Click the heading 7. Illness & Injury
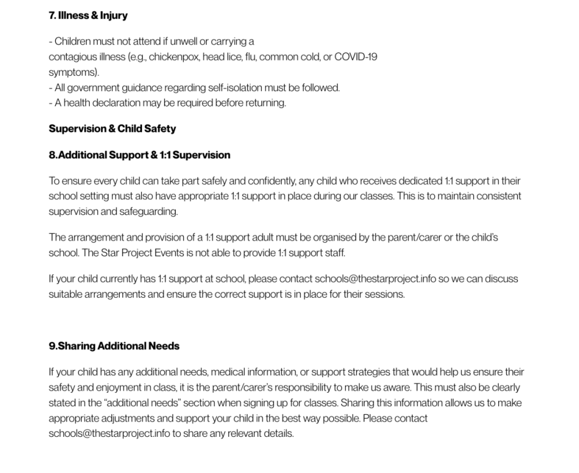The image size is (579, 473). pyautogui.click(x=88, y=15)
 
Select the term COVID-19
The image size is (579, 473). pyautogui.click(x=356, y=57)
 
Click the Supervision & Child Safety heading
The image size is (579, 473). pyautogui.click(x=112, y=128)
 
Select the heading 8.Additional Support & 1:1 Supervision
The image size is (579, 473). pyautogui.click(x=139, y=155)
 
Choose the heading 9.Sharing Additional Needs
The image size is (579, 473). pyautogui.click(x=114, y=346)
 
